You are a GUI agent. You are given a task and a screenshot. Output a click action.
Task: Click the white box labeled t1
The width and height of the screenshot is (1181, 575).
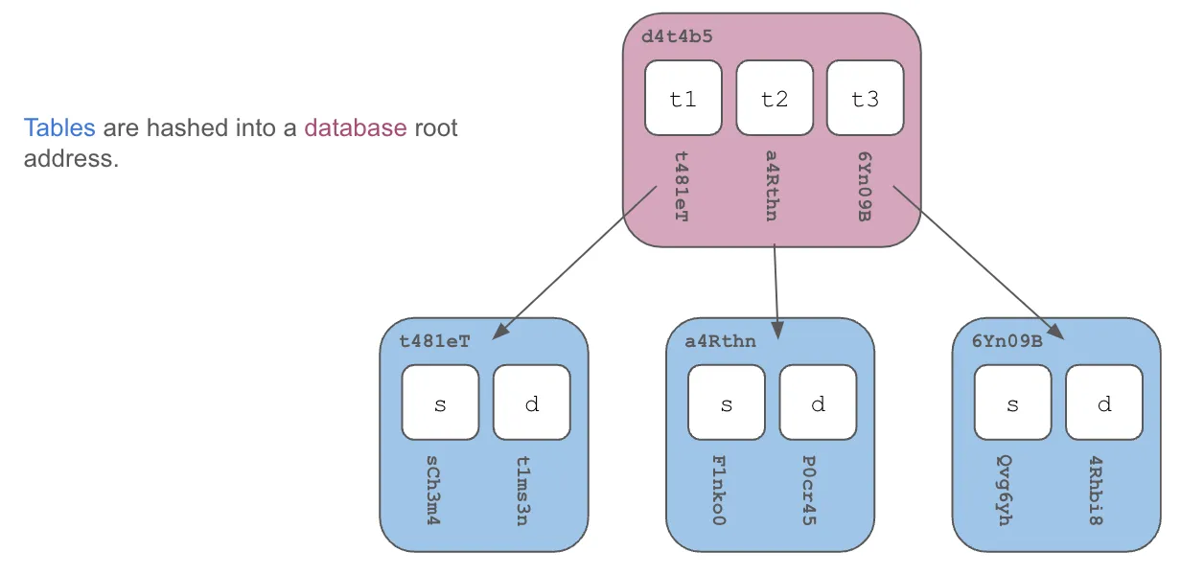[683, 98]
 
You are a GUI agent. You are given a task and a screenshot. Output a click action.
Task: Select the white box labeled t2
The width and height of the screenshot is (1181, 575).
[774, 98]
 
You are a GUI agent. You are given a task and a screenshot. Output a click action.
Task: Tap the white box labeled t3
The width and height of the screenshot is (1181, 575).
[865, 98]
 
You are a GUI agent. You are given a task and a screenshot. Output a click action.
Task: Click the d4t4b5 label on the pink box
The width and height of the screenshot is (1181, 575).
[677, 38]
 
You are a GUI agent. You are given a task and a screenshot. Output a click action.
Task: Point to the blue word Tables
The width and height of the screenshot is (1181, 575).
[59, 127]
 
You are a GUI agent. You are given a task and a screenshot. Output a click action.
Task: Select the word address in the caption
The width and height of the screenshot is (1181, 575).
[69, 158]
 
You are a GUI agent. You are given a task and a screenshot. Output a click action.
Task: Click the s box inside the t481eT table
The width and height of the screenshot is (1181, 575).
[440, 402]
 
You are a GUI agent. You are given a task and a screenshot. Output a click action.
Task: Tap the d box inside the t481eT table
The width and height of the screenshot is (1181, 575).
[531, 402]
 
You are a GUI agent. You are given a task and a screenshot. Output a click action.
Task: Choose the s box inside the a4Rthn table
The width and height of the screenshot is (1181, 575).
[726, 402]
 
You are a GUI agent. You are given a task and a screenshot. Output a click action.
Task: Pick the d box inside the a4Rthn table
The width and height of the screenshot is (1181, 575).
[818, 402]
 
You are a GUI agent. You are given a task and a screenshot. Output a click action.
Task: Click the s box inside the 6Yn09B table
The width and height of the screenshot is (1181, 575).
[1012, 402]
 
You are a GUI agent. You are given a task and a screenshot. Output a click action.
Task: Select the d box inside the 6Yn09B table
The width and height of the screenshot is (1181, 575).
[1103, 402]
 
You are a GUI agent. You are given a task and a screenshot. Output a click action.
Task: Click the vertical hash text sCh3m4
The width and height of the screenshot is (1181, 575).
[434, 491]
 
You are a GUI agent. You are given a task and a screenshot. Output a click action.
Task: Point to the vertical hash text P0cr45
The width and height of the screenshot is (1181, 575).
[810, 491]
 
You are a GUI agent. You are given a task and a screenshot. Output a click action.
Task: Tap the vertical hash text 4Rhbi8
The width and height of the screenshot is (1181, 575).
[1097, 491]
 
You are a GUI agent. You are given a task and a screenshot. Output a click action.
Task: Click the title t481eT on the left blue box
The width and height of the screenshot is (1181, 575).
[434, 340]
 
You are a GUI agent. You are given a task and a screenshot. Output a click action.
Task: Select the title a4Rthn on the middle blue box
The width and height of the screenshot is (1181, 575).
[720, 340]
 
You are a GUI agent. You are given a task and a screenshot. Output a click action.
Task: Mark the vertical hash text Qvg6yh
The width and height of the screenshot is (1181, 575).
[1006, 491]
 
